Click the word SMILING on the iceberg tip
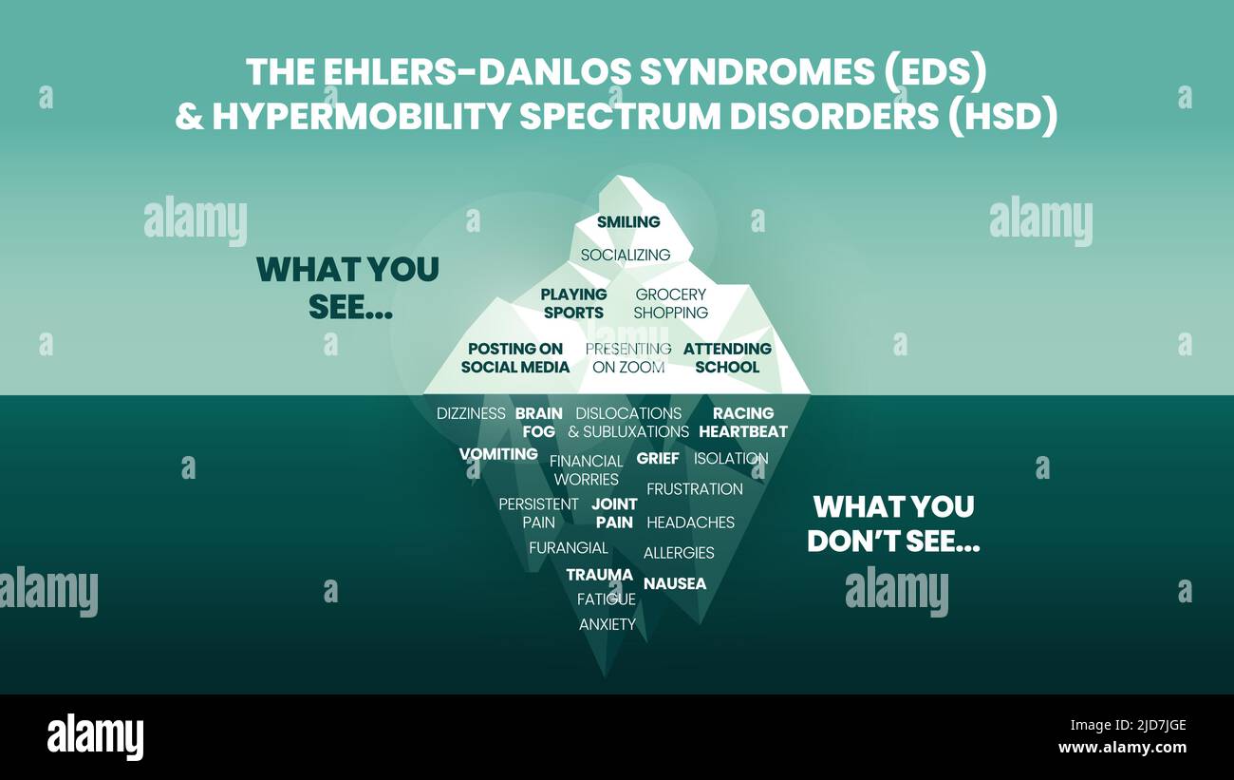[627, 222]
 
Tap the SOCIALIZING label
[626, 255]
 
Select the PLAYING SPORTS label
[573, 303]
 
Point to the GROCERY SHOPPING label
[671, 303]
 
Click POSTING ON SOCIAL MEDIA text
[515, 357]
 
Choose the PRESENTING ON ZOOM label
[628, 357]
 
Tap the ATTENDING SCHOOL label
[727, 357]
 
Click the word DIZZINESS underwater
[471, 413]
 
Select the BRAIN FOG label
[539, 422]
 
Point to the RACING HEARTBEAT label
[743, 422]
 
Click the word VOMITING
[498, 454]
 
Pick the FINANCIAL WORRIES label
[587, 469]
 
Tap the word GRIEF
[658, 458]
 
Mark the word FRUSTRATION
[695, 489]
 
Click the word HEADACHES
[690, 522]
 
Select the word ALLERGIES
[679, 552]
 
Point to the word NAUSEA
[675, 583]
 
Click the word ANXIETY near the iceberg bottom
[608, 624]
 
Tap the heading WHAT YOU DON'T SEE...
[893, 523]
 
